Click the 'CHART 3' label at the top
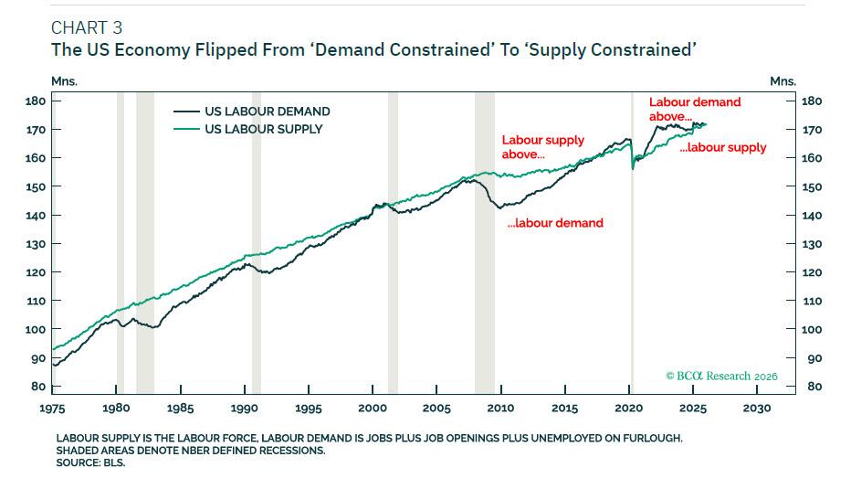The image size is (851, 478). [87, 26]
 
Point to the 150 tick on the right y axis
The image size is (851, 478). [812, 186]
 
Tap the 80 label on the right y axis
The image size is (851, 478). [809, 387]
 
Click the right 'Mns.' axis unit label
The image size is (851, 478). [783, 81]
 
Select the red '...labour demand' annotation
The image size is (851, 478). [555, 223]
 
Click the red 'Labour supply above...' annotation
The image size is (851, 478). [542, 147]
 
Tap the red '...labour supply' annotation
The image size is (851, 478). [724, 147]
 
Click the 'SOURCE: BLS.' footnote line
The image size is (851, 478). [90, 462]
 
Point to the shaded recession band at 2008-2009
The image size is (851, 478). [484, 238]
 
